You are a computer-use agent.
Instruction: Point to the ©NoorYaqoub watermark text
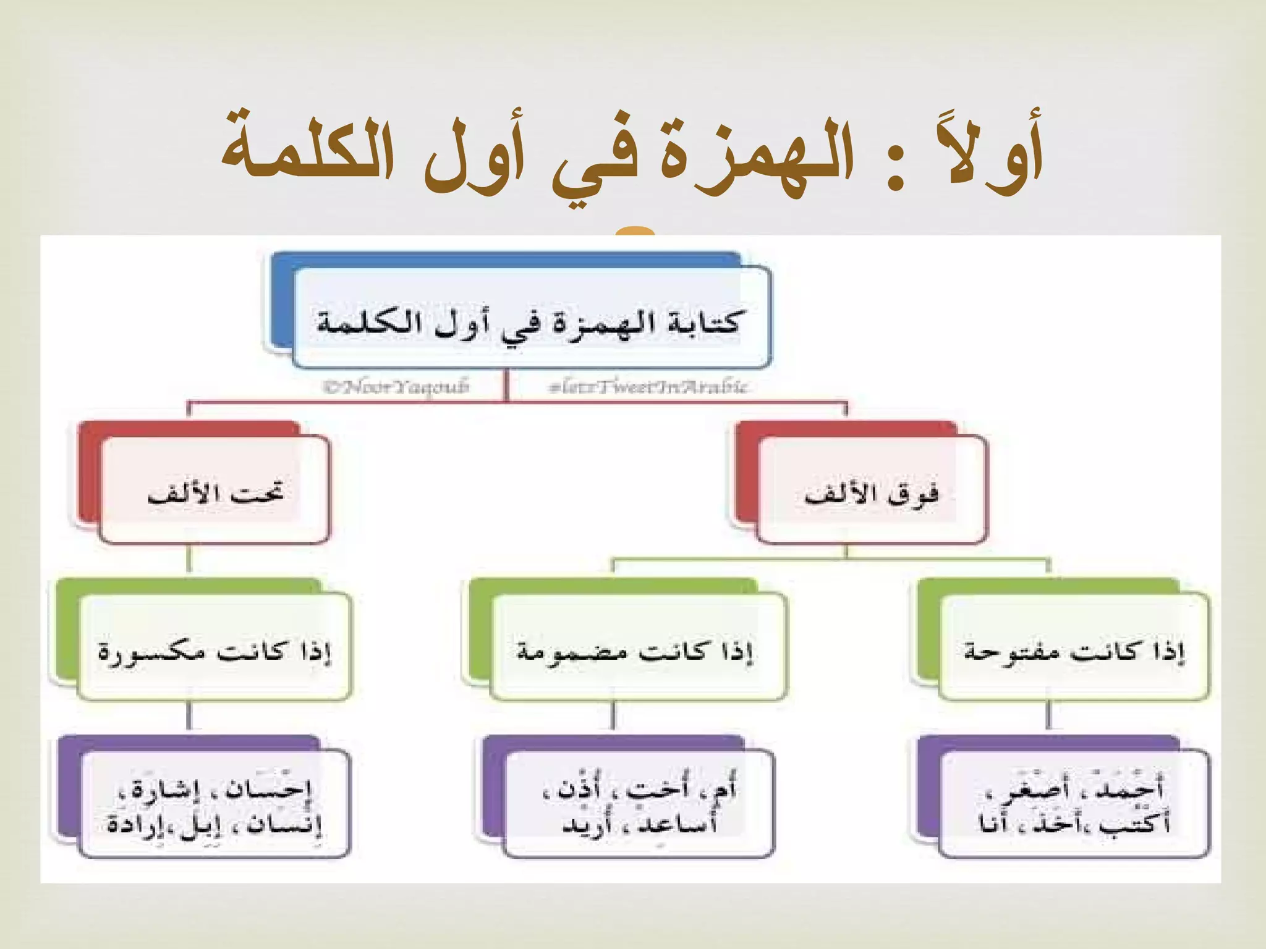tap(396, 387)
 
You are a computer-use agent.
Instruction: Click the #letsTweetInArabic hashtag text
tap(648, 387)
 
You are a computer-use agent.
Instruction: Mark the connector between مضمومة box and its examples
tap(613, 717)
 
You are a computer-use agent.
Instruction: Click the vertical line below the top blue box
tap(506, 386)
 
